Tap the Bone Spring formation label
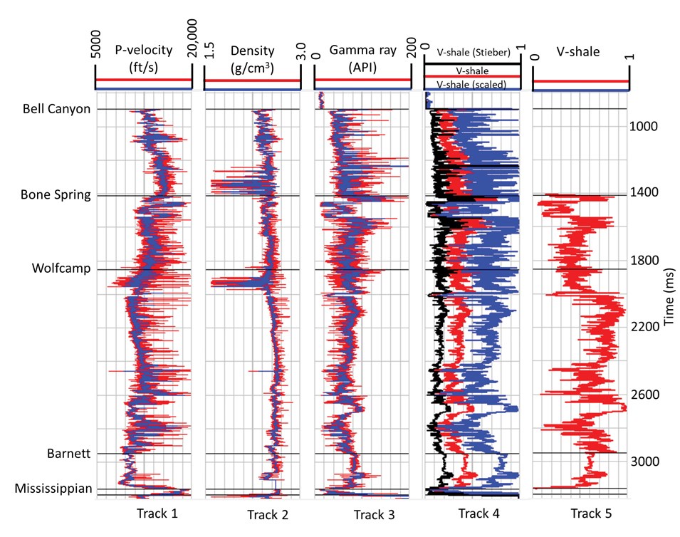coord(56,194)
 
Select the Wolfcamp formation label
coord(61,268)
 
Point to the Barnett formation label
coord(68,453)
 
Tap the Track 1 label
coord(152,513)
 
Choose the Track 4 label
coord(474,513)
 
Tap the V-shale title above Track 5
coord(580,51)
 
